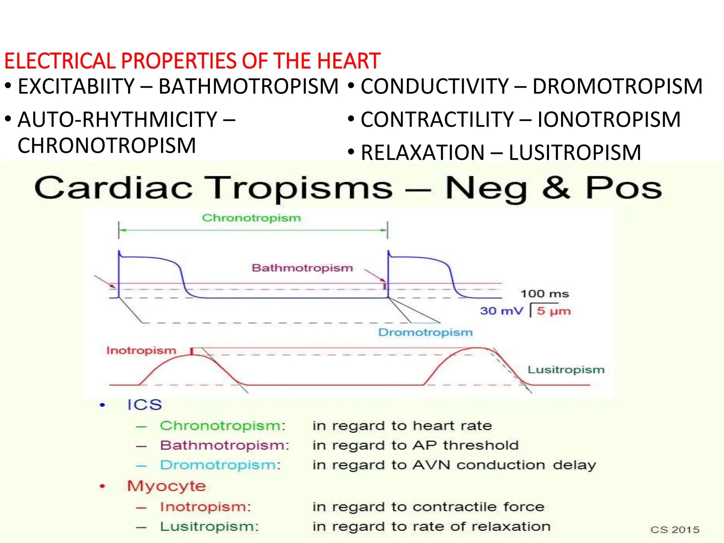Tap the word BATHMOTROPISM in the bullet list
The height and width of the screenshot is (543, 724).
pyautogui.click(x=249, y=87)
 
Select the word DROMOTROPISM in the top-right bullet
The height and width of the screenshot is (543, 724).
pyautogui.click(x=617, y=87)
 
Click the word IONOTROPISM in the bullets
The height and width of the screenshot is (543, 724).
pyautogui.click(x=609, y=119)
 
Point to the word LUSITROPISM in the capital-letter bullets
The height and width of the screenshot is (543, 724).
pyautogui.click(x=574, y=153)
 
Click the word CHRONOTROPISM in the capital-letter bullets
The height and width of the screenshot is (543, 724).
pyautogui.click(x=107, y=146)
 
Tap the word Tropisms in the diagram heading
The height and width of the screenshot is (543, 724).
pyautogui.click(x=299, y=188)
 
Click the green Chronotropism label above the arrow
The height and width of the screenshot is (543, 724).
pyautogui.click(x=251, y=218)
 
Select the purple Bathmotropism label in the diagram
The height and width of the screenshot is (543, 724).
pyautogui.click(x=302, y=268)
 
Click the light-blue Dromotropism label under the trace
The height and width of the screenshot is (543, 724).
pyautogui.click(x=425, y=332)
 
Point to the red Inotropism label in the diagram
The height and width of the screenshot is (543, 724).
pyautogui.click(x=141, y=350)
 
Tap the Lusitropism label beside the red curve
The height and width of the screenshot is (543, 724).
pyautogui.click(x=566, y=370)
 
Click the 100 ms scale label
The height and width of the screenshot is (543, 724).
pyautogui.click(x=545, y=294)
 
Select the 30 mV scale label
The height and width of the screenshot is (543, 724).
pyautogui.click(x=501, y=311)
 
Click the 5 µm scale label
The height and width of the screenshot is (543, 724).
pyautogui.click(x=554, y=311)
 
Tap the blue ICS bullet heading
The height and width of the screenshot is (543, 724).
pyautogui.click(x=145, y=405)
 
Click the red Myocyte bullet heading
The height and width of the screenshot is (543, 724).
pyautogui.click(x=167, y=486)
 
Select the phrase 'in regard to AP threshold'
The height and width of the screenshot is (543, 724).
pyautogui.click(x=415, y=445)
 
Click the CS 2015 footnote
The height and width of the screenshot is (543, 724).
pyautogui.click(x=675, y=530)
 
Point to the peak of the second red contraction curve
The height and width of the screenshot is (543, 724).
pyautogui.click(x=477, y=348)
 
